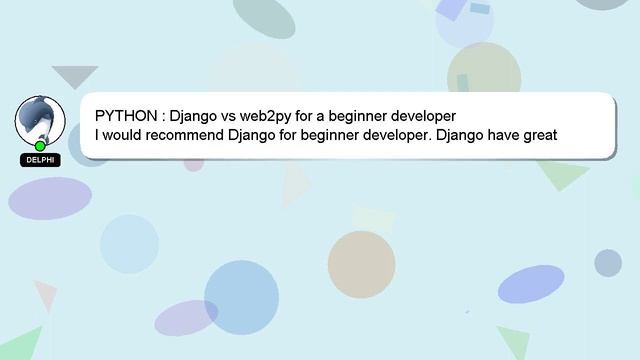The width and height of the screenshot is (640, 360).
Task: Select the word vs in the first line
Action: click(227, 116)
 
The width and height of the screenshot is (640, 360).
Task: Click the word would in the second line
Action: click(123, 135)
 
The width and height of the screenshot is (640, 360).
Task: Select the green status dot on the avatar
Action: click(40, 146)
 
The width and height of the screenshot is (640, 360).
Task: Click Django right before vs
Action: click(193, 116)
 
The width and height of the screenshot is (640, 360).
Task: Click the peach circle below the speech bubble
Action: click(361, 263)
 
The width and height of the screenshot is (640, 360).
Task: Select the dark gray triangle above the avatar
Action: click(74, 75)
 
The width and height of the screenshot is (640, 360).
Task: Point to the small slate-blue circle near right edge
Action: click(608, 263)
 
